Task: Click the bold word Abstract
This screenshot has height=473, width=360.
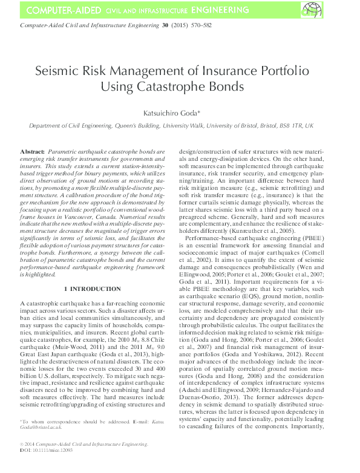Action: pyautogui.click(x=32, y=149)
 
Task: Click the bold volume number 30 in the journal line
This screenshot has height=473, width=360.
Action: pyautogui.click(x=165, y=26)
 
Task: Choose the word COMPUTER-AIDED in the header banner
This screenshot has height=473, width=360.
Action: pyautogui.click(x=60, y=10)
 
